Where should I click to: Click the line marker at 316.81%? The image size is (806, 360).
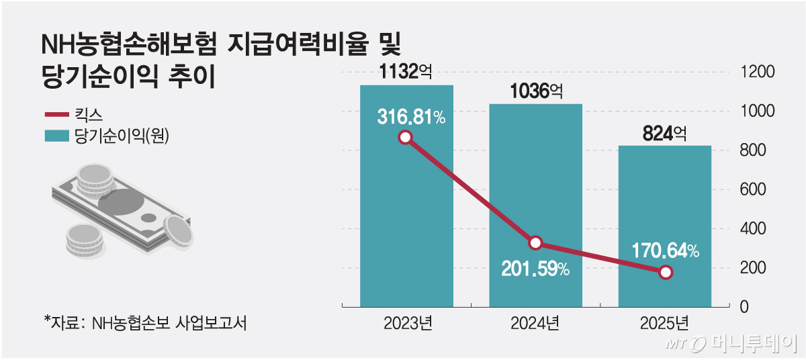(405, 138)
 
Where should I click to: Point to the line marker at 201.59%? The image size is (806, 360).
(535, 242)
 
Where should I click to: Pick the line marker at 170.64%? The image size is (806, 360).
(665, 272)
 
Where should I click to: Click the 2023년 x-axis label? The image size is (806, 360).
(407, 323)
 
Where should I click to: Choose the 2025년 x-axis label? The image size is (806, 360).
(664, 323)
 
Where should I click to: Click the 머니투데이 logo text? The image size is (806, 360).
(752, 343)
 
